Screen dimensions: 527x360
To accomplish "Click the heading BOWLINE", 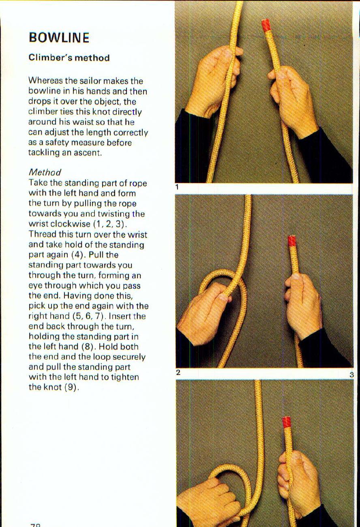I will [59, 38].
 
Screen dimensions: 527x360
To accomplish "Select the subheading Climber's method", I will [69, 58].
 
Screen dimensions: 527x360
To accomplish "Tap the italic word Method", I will [45, 173].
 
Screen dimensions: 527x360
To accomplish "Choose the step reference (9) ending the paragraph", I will [71, 388].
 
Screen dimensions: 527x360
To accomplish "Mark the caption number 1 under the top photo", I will [177, 187].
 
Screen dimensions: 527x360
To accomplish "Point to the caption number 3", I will [351, 375].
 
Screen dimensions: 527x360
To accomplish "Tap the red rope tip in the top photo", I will [266, 25].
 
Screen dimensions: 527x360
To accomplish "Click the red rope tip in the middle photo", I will [291, 241].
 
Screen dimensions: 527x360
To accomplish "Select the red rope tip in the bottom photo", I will [287, 422].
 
